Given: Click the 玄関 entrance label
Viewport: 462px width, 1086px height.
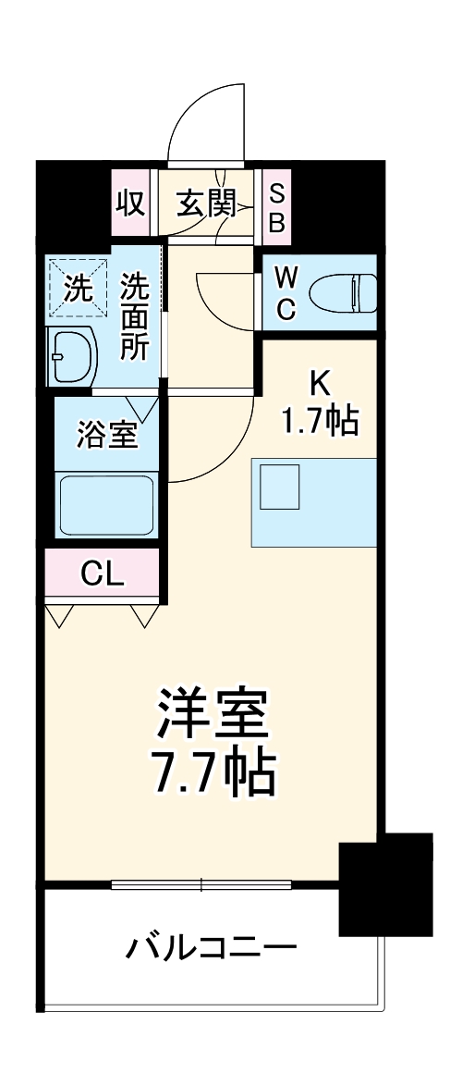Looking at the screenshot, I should [x=205, y=202].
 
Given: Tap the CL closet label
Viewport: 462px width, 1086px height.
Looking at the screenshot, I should [x=102, y=574].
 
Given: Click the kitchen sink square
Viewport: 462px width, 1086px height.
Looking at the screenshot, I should [x=280, y=487].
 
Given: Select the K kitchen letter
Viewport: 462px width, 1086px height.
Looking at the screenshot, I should [x=319, y=381].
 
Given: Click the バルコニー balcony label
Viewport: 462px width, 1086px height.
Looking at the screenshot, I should [x=212, y=948].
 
